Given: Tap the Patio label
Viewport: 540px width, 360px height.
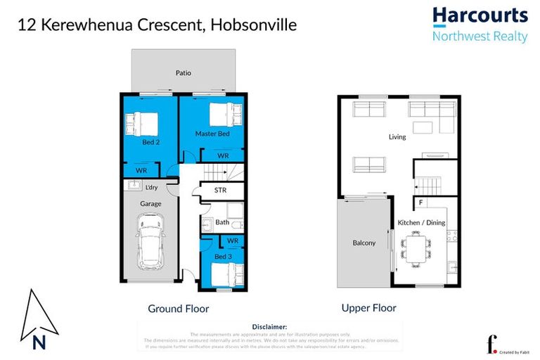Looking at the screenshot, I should pyautogui.click(x=183, y=72).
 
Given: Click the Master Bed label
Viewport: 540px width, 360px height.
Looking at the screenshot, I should pyautogui.click(x=212, y=134).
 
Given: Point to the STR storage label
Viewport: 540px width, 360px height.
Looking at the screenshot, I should pyautogui.click(x=221, y=190).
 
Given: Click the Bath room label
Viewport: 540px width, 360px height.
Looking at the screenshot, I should pyautogui.click(x=222, y=222).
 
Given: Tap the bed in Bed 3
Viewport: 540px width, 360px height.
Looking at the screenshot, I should pyautogui.click(x=229, y=271).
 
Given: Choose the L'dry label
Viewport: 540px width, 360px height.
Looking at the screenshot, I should pyautogui.click(x=150, y=187).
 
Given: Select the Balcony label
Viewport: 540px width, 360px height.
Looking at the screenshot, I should pyautogui.click(x=364, y=243).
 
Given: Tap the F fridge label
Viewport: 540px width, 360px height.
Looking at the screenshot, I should pyautogui.click(x=420, y=204).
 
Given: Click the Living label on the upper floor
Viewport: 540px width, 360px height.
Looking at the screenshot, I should pyautogui.click(x=397, y=136).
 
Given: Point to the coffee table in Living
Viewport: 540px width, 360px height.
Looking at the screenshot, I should pyautogui.click(x=423, y=127).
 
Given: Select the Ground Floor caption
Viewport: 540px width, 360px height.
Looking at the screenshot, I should pyautogui.click(x=178, y=308).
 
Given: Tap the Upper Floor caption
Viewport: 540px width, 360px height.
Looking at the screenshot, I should pyautogui.click(x=368, y=307).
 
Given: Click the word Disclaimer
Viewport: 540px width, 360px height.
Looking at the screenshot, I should pyautogui.click(x=269, y=327).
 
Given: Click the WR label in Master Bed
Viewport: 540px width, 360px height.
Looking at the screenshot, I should pyautogui.click(x=222, y=156).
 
